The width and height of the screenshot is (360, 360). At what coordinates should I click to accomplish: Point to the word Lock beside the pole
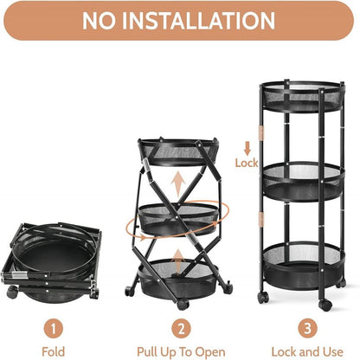coord(247,162)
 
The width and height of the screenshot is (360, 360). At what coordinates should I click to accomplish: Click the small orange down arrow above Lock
coord(247,146)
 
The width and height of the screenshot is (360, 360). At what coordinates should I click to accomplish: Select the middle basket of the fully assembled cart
coord(300,182)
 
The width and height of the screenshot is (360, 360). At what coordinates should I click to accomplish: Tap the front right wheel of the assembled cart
coord(325,305)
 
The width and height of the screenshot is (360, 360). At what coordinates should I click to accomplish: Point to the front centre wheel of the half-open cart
coord(182,305)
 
